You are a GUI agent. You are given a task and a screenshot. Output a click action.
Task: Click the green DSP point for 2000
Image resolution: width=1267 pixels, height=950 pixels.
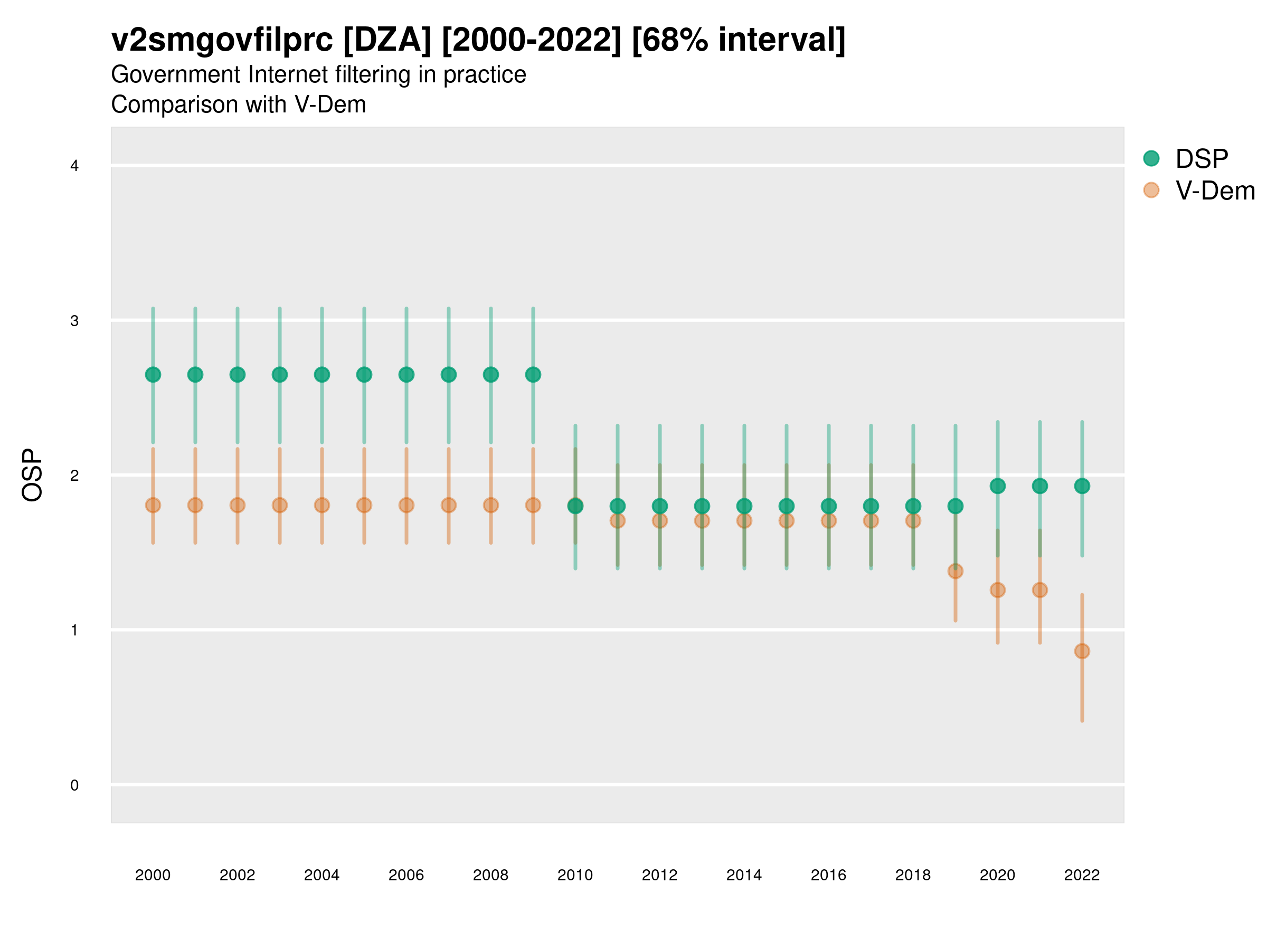[x=153, y=375]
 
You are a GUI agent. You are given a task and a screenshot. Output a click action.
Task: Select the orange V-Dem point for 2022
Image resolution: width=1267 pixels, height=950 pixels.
[x=1082, y=651]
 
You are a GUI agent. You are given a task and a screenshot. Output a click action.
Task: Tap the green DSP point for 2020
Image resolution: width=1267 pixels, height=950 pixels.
[x=997, y=486]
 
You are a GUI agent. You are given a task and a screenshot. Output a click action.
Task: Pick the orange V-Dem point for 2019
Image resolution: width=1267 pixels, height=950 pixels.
[x=956, y=571]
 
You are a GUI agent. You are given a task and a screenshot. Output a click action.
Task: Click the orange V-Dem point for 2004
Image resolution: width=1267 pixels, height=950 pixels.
[x=322, y=505]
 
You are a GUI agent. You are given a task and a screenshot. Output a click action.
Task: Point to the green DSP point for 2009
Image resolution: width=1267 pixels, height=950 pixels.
[x=533, y=375]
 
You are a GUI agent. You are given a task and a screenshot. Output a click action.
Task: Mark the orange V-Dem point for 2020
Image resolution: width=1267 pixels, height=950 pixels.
[x=997, y=590]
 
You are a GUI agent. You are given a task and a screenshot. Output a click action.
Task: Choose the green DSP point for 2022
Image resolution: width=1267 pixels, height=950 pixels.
[x=1082, y=486]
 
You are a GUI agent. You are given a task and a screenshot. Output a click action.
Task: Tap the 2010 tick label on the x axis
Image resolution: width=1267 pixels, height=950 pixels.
[x=575, y=875]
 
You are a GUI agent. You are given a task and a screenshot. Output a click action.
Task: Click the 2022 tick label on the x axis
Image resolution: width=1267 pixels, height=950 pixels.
[x=1082, y=875]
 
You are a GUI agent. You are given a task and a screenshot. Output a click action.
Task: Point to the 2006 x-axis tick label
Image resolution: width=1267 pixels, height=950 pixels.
[x=406, y=875]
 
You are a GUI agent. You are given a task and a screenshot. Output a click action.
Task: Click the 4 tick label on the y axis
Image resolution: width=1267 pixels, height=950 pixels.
[x=74, y=166]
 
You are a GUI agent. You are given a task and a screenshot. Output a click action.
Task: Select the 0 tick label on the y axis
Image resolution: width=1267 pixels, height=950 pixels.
[x=74, y=785]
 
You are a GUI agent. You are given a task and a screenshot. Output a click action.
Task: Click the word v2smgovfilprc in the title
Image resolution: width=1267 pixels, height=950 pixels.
[x=222, y=40]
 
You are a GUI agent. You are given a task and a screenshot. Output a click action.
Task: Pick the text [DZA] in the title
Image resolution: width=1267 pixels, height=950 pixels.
[x=387, y=40]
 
